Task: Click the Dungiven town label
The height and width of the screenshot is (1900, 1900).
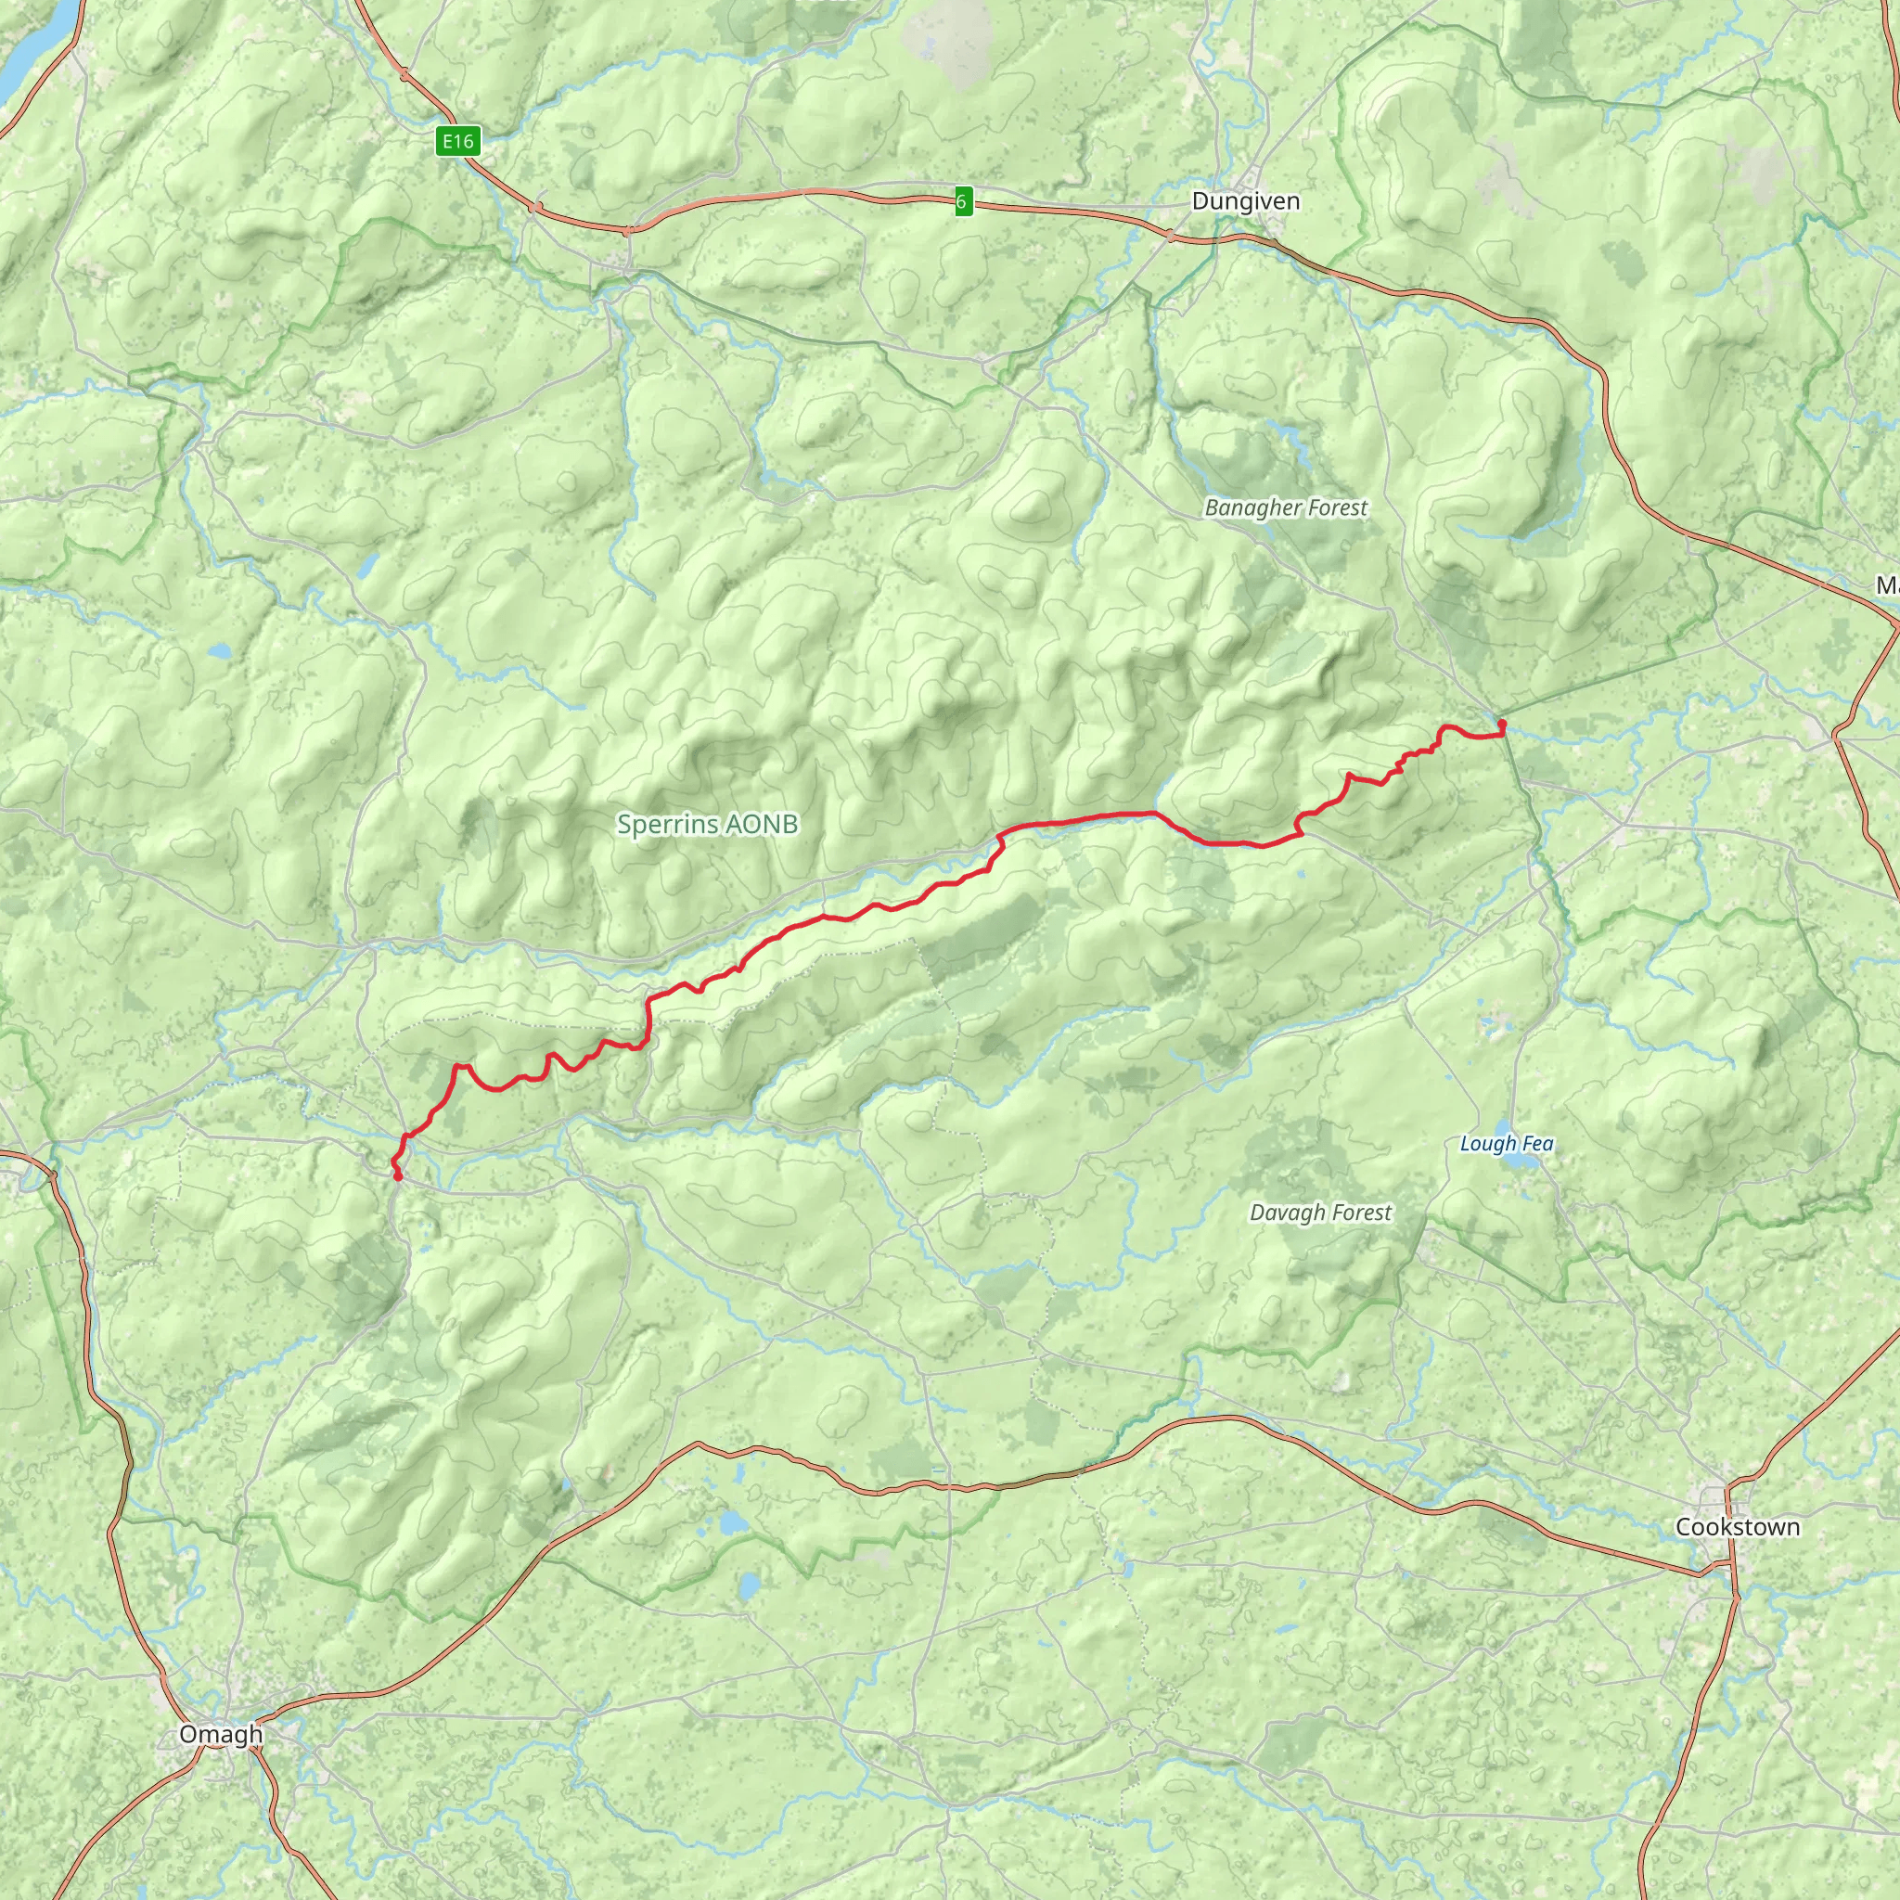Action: point(1245,201)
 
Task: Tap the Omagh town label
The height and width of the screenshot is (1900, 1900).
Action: point(222,1734)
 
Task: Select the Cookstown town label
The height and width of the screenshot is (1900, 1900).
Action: point(1738,1526)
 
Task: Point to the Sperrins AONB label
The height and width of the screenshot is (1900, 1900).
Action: point(707,824)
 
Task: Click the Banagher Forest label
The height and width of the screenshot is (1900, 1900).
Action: point(1285,507)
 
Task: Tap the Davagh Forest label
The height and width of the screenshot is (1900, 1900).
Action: point(1320,1213)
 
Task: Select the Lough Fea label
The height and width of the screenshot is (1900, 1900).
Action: point(1506,1143)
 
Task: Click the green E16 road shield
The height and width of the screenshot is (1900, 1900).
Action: point(457,142)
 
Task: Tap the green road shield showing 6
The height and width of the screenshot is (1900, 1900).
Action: point(963,202)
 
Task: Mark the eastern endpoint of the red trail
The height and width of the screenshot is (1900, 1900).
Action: point(1502,725)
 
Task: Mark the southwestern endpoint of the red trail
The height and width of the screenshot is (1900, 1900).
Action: point(397,1176)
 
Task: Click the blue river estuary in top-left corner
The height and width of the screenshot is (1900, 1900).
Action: point(30,49)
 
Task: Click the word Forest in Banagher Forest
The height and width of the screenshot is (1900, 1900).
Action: point(1331,507)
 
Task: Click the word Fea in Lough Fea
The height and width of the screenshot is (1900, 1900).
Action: point(1537,1143)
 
